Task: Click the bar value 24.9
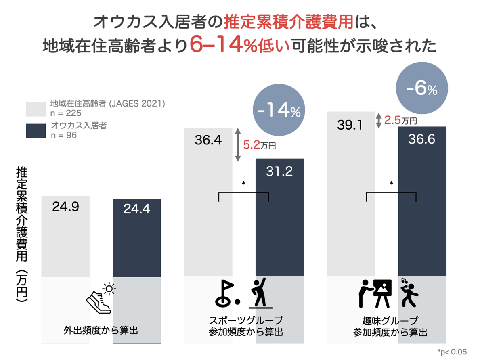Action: pyautogui.click(x=65, y=207)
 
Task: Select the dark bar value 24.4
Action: pyautogui.click(x=136, y=209)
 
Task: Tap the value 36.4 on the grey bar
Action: pyautogui.click(x=208, y=140)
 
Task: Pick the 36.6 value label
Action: pyautogui.click(x=421, y=139)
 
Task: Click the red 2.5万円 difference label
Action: pyautogui.click(x=400, y=120)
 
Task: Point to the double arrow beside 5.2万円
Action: pyautogui.click(x=237, y=145)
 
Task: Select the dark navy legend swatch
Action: pyautogui.click(x=36, y=131)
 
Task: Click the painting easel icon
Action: pyautogui.click(x=381, y=293)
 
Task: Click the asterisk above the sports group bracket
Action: pyautogui.click(x=243, y=183)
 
